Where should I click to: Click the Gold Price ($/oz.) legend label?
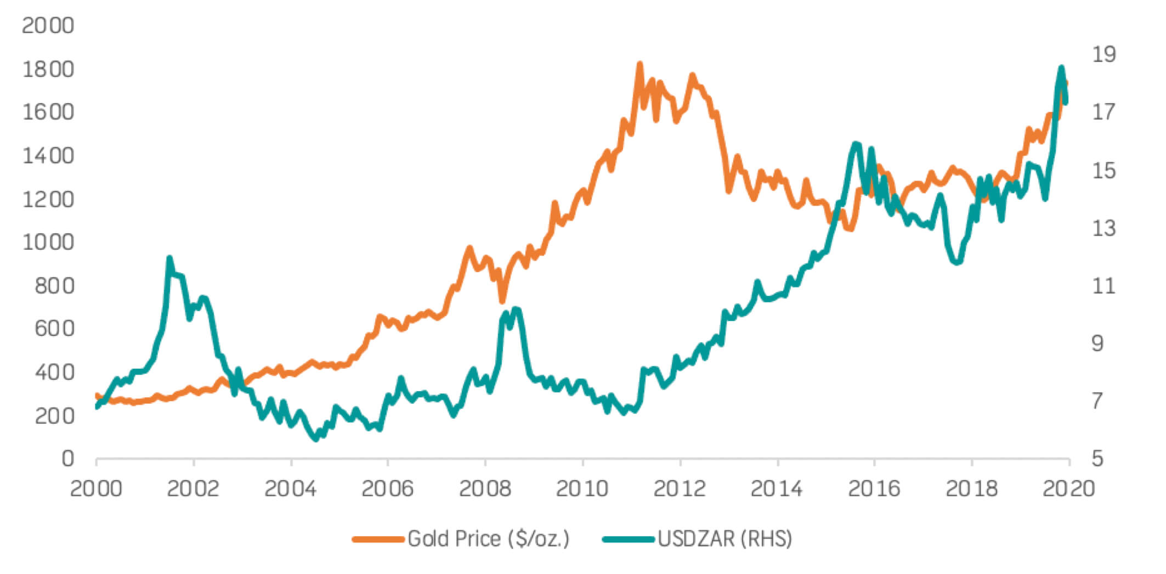point(488,539)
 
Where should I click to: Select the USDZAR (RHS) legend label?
point(724,539)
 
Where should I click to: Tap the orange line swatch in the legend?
point(378,539)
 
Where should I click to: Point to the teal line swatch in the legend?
point(629,539)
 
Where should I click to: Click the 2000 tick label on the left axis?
point(48,25)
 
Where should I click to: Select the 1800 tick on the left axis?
point(48,69)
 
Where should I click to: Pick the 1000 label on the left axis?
point(48,241)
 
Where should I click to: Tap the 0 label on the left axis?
point(67,458)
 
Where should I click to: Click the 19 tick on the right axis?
point(1103,54)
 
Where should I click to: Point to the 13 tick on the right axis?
point(1103,228)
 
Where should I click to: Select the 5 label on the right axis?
point(1097,458)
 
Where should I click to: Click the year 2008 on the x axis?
point(485,488)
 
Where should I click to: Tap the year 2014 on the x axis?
point(777,488)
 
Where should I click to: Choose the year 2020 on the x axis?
point(1068,488)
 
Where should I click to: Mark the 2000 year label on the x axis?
point(96,488)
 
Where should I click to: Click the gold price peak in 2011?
point(639,65)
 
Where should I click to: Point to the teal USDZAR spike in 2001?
point(169,258)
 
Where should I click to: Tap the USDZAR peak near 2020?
point(1061,68)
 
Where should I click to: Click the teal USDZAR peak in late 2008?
point(516,309)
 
